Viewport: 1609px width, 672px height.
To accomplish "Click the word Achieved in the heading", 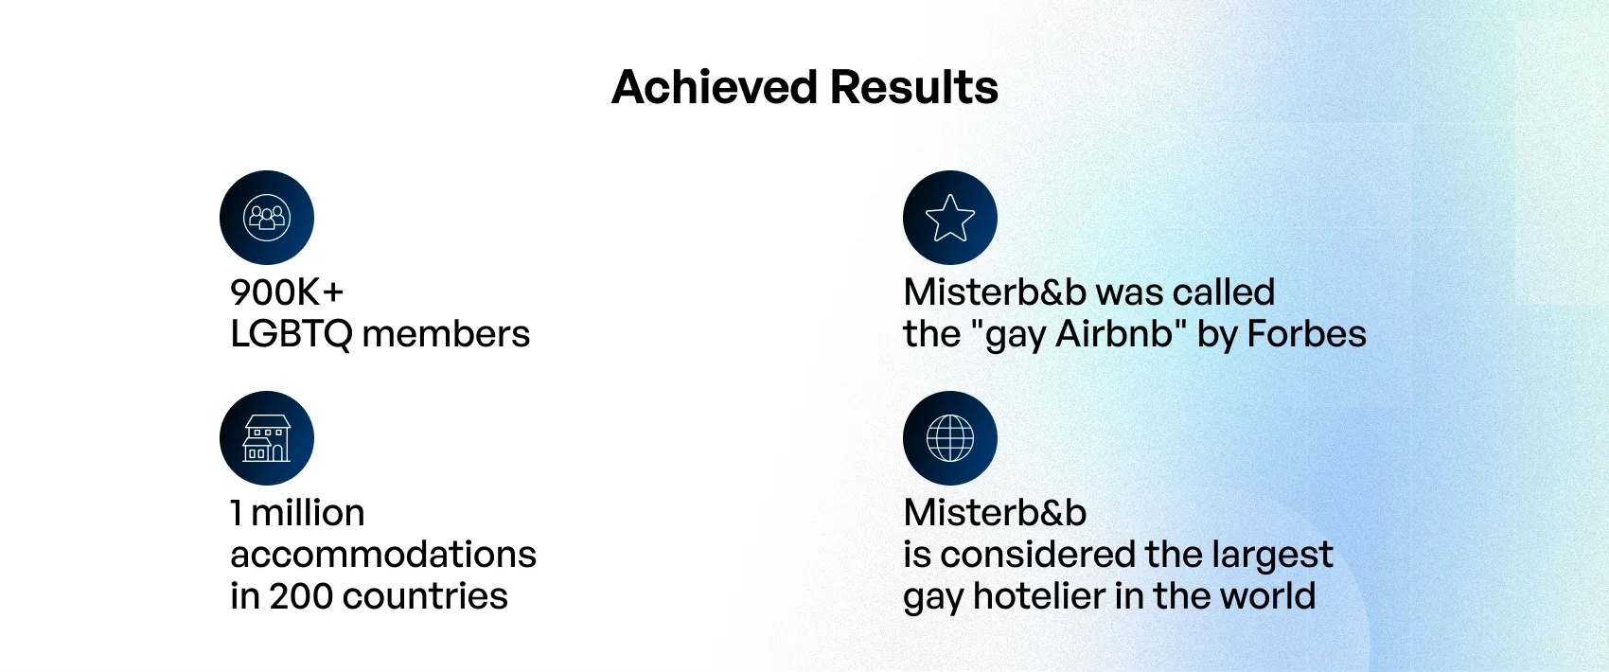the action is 715,88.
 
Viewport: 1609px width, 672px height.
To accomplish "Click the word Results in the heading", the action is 914,88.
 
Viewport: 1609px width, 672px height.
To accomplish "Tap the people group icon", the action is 267,217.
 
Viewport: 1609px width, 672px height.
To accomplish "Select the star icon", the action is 949,218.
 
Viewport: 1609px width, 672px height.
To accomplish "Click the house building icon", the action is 267,438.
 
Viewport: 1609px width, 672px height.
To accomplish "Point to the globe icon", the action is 949,438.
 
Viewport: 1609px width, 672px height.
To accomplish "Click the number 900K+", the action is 288,292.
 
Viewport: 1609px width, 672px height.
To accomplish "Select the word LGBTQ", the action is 291,334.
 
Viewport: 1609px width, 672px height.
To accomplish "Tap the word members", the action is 446,334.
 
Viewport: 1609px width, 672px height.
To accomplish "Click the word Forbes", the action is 1306,334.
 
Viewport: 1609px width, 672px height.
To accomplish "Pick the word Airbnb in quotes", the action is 1113,334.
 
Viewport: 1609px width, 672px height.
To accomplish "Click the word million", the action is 308,513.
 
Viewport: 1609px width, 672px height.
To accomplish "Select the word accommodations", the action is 383,555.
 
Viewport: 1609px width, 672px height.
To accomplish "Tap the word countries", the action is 425,596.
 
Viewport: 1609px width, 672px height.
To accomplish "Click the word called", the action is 1223,292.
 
